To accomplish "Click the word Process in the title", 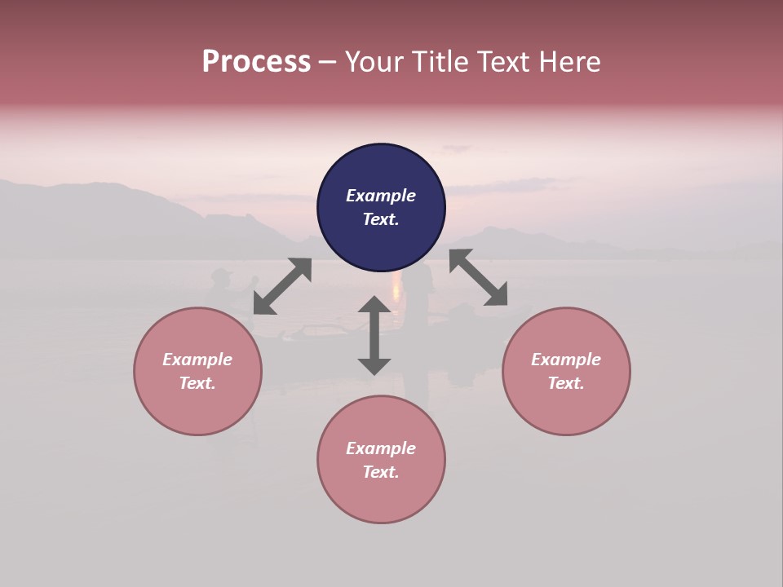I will [x=256, y=62].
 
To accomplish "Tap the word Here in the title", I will [x=570, y=62].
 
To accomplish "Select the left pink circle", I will [x=197, y=408].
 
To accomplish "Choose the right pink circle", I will [x=566, y=408].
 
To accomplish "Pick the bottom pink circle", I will [x=381, y=497].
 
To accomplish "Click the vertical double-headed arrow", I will [x=374, y=335].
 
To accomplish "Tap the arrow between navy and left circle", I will [x=282, y=285].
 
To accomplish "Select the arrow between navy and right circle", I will [x=479, y=277].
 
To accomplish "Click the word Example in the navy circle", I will [x=381, y=196].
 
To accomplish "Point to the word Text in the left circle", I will [x=197, y=383].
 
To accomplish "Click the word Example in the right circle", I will [x=566, y=360].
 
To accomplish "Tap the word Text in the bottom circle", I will [x=381, y=472].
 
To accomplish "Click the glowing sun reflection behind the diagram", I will [x=397, y=287].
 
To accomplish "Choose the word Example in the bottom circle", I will [x=381, y=448].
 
